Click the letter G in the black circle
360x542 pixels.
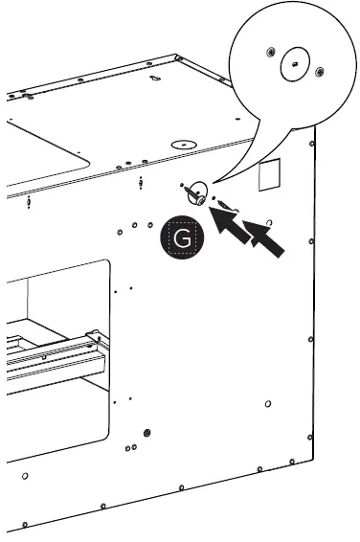point(182,237)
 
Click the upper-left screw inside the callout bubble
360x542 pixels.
point(271,53)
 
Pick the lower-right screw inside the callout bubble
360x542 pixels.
point(320,72)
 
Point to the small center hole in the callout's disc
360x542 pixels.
point(295,64)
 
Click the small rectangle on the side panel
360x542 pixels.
point(269,174)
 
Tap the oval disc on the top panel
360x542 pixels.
point(184,145)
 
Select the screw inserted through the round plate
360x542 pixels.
point(194,196)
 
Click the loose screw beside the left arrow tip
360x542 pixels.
point(228,206)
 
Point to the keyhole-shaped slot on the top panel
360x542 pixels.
point(155,79)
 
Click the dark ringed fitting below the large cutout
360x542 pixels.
point(147,433)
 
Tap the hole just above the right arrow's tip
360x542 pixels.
point(269,222)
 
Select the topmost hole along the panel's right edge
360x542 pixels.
point(311,144)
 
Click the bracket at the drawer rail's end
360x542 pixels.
point(98,339)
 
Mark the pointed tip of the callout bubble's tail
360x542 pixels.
point(213,183)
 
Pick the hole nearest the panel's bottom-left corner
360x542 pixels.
point(25,525)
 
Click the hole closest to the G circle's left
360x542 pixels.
point(150,225)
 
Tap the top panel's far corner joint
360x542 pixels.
point(178,57)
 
